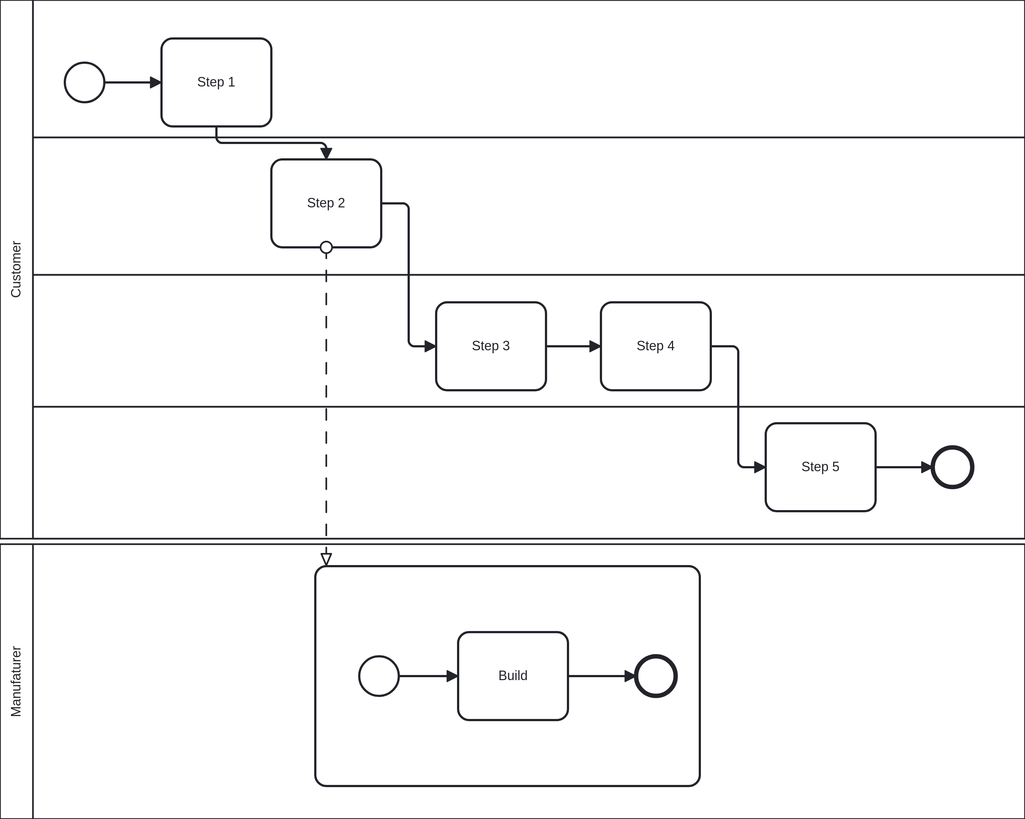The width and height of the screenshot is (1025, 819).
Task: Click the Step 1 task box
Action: [x=216, y=82]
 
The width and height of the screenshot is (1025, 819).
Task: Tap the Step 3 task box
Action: [x=491, y=346]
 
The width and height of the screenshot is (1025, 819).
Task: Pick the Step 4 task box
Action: [x=656, y=346]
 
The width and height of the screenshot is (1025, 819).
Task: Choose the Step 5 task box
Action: [x=820, y=467]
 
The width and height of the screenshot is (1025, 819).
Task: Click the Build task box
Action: [x=513, y=676]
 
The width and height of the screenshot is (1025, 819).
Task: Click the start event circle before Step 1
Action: [x=85, y=82]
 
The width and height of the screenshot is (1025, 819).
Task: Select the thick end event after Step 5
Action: [x=952, y=467]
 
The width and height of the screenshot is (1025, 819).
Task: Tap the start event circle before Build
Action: [x=379, y=676]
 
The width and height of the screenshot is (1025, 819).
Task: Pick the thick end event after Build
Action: [x=656, y=676]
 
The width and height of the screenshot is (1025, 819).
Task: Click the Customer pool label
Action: [x=16, y=269]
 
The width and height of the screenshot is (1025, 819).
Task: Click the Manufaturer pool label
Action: [x=16, y=681]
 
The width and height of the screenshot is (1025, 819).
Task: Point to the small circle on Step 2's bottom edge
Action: [x=326, y=247]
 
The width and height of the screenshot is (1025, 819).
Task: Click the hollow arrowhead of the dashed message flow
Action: [x=326, y=559]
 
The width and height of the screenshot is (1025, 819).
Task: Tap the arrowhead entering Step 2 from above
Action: [x=326, y=153]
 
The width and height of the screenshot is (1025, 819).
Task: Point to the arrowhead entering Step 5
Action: [x=759, y=467]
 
